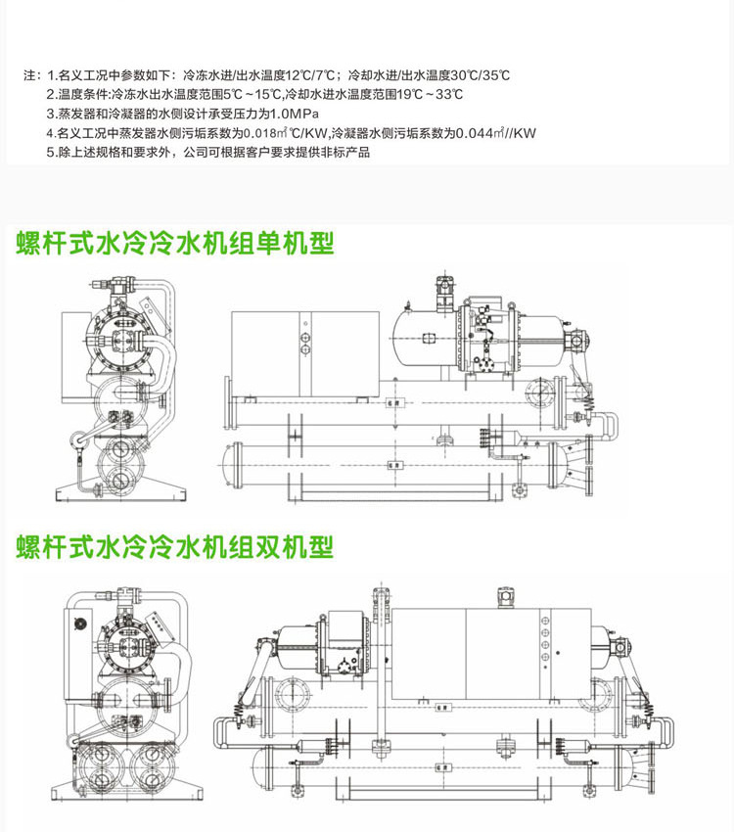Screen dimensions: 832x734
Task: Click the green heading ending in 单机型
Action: pyautogui.click(x=175, y=244)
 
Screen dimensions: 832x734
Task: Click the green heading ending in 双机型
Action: pyautogui.click(x=175, y=546)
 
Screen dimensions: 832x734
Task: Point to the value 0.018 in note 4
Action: pyautogui.click(x=259, y=133)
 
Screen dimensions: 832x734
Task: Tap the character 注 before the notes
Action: pyautogui.click(x=26, y=74)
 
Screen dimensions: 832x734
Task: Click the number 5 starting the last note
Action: pyautogui.click(x=50, y=153)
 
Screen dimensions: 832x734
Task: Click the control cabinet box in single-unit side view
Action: pyautogui.click(x=303, y=347)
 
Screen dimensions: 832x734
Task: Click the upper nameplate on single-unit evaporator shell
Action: pyautogui.click(x=392, y=401)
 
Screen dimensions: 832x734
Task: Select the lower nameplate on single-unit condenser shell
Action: pyautogui.click(x=392, y=464)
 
